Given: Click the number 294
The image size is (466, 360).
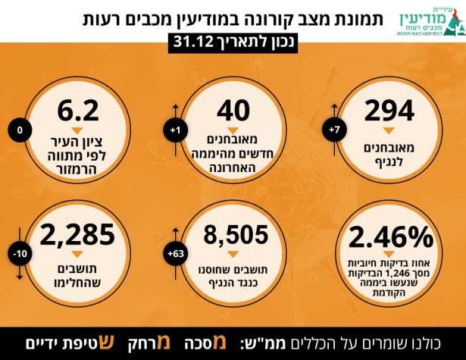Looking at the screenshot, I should coord(389,111).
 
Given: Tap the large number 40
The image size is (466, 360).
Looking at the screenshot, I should coord(233,111).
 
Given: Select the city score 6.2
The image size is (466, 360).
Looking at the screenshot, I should coord(78,111).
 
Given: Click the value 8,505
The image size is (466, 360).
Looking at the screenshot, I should coord(233,234).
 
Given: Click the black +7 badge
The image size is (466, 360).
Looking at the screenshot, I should coord(334,130).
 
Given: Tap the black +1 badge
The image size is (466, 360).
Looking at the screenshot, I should coord(176,131).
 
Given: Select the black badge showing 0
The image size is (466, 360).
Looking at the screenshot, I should coord(20,130).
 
